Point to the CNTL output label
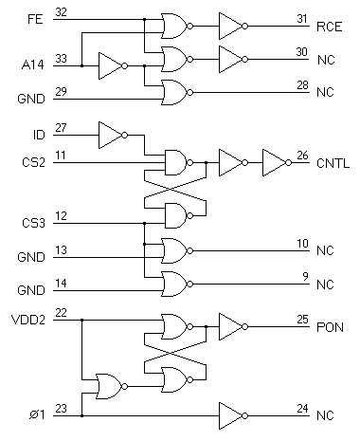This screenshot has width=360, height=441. coord(332,163)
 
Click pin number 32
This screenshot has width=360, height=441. coord(62,11)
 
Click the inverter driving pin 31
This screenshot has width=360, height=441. coord(231,26)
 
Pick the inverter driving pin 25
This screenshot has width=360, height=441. coord(231,327)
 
